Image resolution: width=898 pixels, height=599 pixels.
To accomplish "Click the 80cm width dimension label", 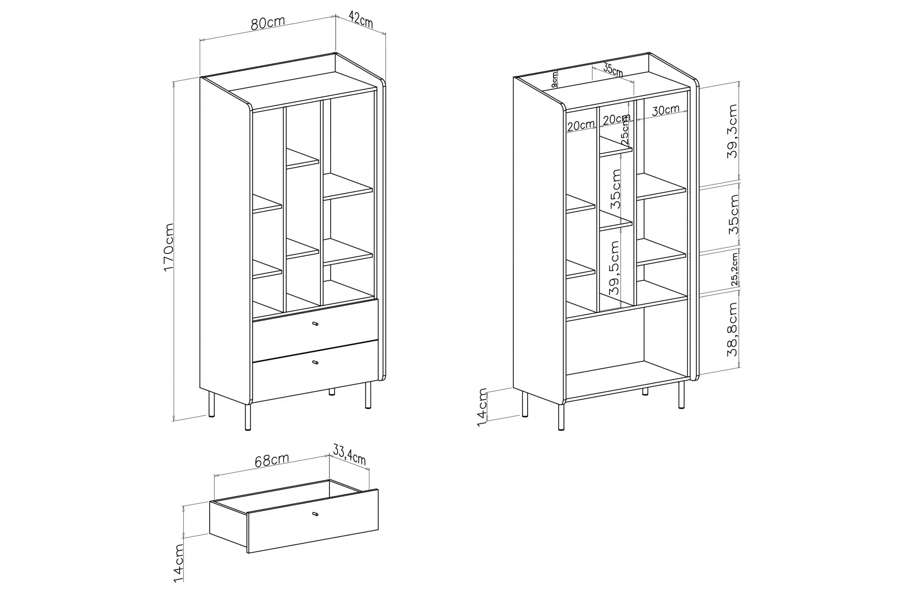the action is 268,22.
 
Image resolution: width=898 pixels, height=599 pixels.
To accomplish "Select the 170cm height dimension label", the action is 168,247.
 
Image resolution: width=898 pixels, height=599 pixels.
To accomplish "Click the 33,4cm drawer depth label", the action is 349,455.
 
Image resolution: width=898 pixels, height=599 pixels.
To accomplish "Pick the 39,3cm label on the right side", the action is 732,131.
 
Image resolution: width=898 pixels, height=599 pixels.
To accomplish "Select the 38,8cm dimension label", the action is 732,329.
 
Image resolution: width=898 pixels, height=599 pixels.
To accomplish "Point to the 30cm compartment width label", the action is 666,110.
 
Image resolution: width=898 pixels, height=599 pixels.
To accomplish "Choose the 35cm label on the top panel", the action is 613,70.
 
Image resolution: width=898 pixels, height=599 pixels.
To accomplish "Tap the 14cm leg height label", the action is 483,408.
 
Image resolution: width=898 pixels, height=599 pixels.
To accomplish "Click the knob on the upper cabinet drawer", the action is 315,324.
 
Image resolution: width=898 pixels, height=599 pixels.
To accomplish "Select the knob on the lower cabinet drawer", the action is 315,362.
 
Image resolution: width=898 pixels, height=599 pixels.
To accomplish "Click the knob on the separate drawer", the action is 315,514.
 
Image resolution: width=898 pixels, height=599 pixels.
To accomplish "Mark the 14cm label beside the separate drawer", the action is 178,563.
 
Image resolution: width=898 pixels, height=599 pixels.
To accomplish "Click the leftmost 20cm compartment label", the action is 581,126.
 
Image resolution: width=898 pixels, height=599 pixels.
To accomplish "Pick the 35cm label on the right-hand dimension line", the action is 733,215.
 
